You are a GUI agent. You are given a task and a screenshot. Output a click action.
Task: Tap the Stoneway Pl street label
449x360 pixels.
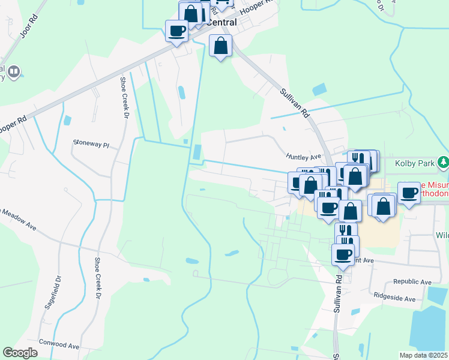[91, 144]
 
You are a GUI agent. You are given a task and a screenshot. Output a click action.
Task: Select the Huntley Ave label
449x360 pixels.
[304, 157]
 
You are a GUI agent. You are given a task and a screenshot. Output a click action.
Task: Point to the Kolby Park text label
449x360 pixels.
[415, 163]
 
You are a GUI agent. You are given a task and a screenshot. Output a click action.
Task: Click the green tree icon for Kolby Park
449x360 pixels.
[443, 162]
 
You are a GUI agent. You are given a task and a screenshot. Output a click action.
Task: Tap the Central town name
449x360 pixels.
[221, 22]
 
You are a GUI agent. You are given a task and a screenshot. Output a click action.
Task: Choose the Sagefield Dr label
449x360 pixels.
[53, 292]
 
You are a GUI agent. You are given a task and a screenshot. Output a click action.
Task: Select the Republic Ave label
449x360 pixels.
[412, 281]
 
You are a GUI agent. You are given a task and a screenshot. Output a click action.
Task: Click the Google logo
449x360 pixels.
[20, 353]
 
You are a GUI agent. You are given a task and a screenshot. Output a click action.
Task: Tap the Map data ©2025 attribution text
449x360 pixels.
[424, 355]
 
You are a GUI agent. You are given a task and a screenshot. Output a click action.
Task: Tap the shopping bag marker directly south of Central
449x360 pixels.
[221, 45]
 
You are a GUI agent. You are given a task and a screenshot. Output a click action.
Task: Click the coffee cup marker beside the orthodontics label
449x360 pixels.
[409, 193]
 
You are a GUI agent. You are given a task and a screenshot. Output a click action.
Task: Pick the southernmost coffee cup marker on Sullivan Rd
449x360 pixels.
[343, 254]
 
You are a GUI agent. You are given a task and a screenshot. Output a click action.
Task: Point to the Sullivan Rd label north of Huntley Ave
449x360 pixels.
[295, 103]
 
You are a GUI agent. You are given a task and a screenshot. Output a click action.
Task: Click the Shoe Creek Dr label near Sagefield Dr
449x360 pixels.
[97, 279]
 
